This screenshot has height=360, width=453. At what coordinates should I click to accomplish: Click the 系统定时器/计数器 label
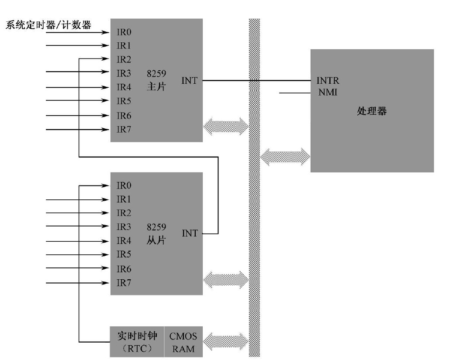(x=48, y=25)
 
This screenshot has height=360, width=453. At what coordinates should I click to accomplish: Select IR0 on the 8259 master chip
(x=124, y=32)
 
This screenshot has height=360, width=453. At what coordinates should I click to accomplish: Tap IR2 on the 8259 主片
(x=124, y=59)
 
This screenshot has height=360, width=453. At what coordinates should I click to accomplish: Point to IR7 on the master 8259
(x=124, y=130)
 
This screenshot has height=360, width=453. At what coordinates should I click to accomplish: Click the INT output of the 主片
(x=190, y=81)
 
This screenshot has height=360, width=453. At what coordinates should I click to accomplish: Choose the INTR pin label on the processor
(x=328, y=80)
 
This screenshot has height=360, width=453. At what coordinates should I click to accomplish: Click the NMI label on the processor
(x=328, y=92)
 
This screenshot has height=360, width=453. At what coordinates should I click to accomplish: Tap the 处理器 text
(x=372, y=111)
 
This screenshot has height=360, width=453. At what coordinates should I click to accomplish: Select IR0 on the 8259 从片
(x=124, y=185)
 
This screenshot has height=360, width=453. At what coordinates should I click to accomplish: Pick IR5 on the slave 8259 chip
(x=124, y=254)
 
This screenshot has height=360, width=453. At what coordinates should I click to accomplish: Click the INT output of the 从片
(x=190, y=233)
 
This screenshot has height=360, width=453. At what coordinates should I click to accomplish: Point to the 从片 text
(x=156, y=240)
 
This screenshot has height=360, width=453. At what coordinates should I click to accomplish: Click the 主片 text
(x=156, y=86)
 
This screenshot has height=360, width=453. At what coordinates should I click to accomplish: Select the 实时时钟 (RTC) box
(x=137, y=342)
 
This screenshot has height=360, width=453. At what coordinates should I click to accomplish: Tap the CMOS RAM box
(x=183, y=342)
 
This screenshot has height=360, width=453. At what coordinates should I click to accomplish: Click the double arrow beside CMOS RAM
(x=226, y=342)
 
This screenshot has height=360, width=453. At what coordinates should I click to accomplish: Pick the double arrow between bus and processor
(x=285, y=157)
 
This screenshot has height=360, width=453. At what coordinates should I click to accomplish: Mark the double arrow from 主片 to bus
(x=226, y=126)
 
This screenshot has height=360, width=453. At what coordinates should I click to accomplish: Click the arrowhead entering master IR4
(x=106, y=87)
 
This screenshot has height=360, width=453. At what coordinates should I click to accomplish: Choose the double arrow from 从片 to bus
(x=226, y=279)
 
